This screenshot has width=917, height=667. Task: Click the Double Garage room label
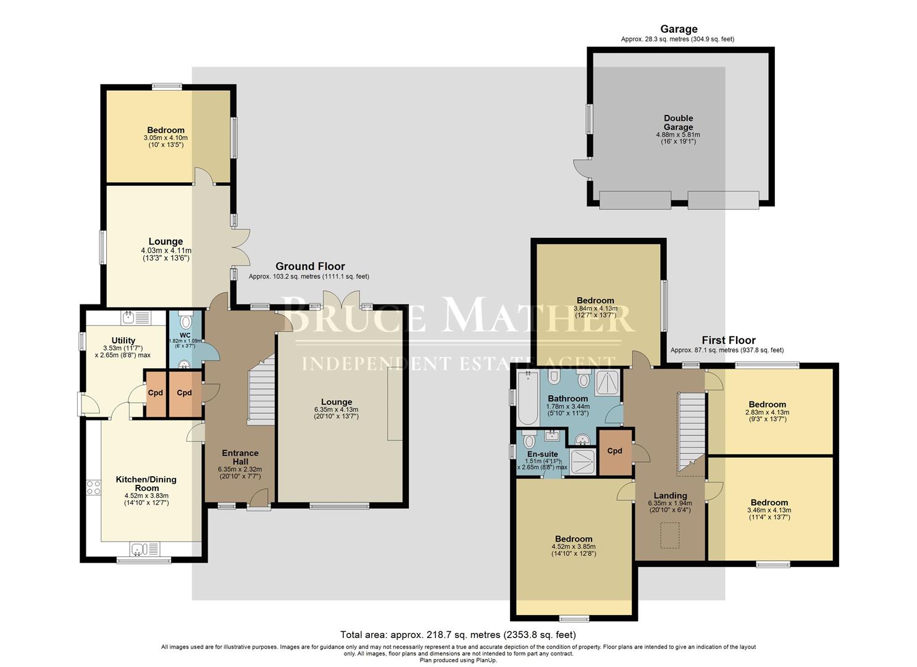coord(678,122)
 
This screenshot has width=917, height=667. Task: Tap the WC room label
coord(185,335)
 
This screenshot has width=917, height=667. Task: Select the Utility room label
coord(124,340)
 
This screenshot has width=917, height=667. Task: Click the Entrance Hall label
coord(240,457)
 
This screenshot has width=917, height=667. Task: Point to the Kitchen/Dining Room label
coord(146,484)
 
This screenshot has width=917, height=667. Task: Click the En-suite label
coord(542,454)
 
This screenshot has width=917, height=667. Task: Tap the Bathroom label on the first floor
coord(568,398)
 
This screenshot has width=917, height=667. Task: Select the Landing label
coord(670,496)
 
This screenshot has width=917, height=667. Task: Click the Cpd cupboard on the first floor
coord(615,452)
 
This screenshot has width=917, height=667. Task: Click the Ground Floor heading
coord(310,267)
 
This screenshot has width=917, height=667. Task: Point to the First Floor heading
coord(729,340)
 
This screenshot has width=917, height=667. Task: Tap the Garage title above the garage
coord(679,29)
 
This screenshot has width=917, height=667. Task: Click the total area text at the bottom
coord(458,635)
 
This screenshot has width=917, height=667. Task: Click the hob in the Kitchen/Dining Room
coord(93,487)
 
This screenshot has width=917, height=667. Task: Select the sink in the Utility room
coord(136,317)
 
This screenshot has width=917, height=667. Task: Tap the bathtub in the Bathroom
coord(528,398)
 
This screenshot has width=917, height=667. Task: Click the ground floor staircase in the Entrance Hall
coord(261,391)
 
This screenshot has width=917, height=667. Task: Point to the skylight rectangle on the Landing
coord(670,535)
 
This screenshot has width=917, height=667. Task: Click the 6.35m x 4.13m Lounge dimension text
coord(336,409)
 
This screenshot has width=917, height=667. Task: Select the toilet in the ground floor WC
coord(185,320)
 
